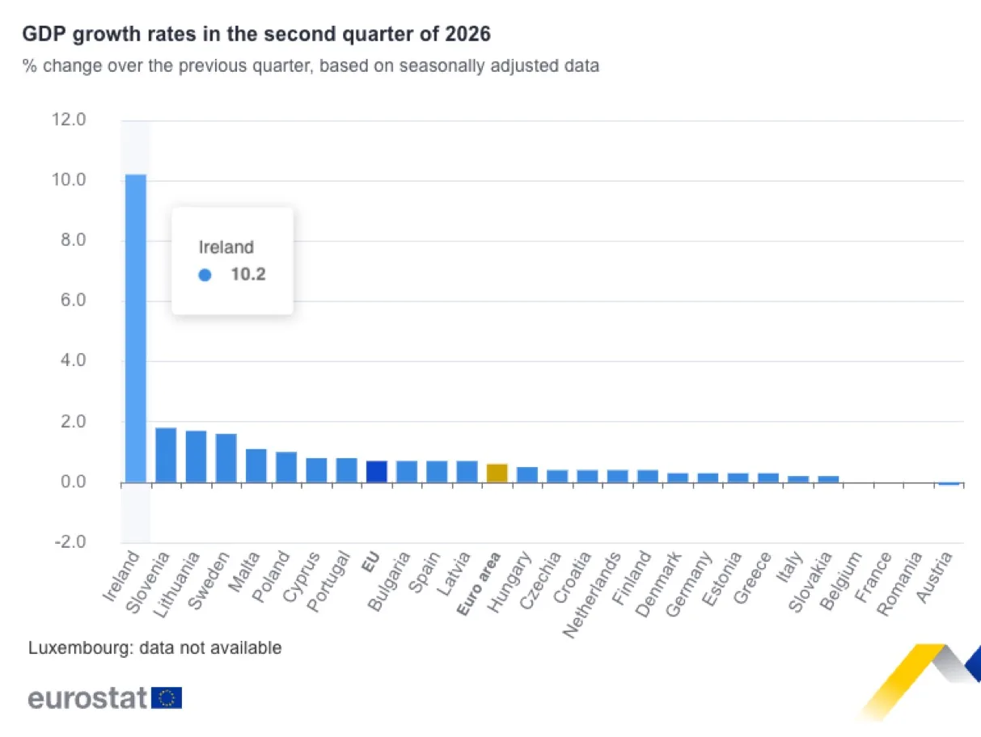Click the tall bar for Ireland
coord(135,329)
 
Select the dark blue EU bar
coord(376,472)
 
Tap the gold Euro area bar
coord(497,474)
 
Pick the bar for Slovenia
coord(166,455)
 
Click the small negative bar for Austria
coord(949,484)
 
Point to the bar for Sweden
coord(226,458)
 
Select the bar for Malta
coord(256,466)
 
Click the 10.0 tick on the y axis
coord(69,180)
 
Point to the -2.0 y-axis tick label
coord(70,542)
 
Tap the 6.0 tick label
coord(74,301)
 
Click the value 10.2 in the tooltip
coord(248,275)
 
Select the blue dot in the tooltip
coord(205,275)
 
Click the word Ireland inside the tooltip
coord(226,247)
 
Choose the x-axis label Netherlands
coord(592,595)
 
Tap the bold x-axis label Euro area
coord(478,583)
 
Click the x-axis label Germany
coord(688,584)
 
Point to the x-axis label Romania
coord(899,584)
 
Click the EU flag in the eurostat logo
coord(167,697)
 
